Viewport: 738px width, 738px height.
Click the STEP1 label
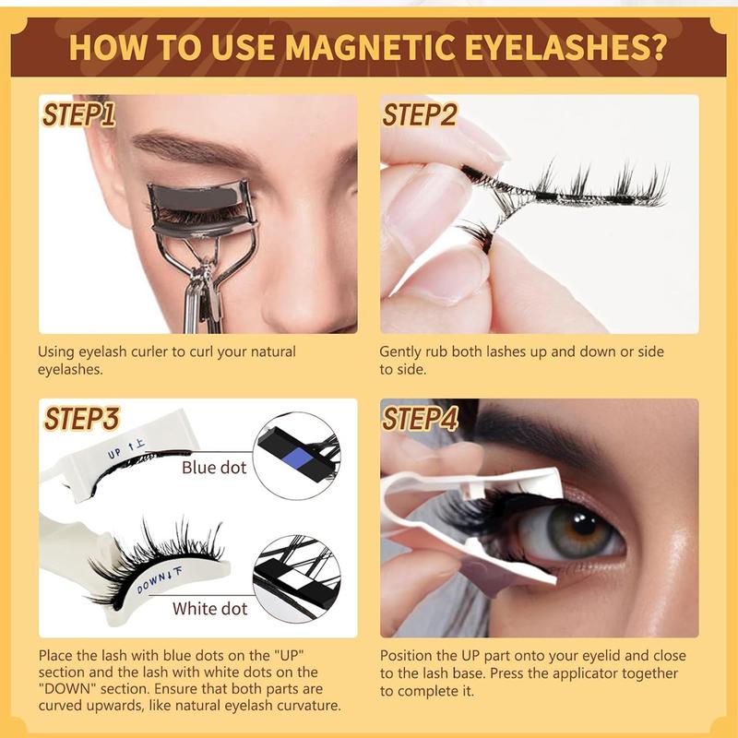[78, 114]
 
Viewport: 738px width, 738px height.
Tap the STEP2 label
[420, 114]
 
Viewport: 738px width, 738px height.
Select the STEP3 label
[82, 419]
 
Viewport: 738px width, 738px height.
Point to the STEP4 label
[421, 419]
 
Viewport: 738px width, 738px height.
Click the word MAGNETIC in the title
[371, 48]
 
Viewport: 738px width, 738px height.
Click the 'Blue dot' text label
[214, 468]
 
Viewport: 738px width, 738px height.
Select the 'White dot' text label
[210, 609]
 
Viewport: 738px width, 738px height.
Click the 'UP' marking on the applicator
[114, 453]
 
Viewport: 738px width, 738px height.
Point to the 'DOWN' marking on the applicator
[151, 583]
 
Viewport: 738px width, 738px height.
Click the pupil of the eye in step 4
[583, 523]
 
